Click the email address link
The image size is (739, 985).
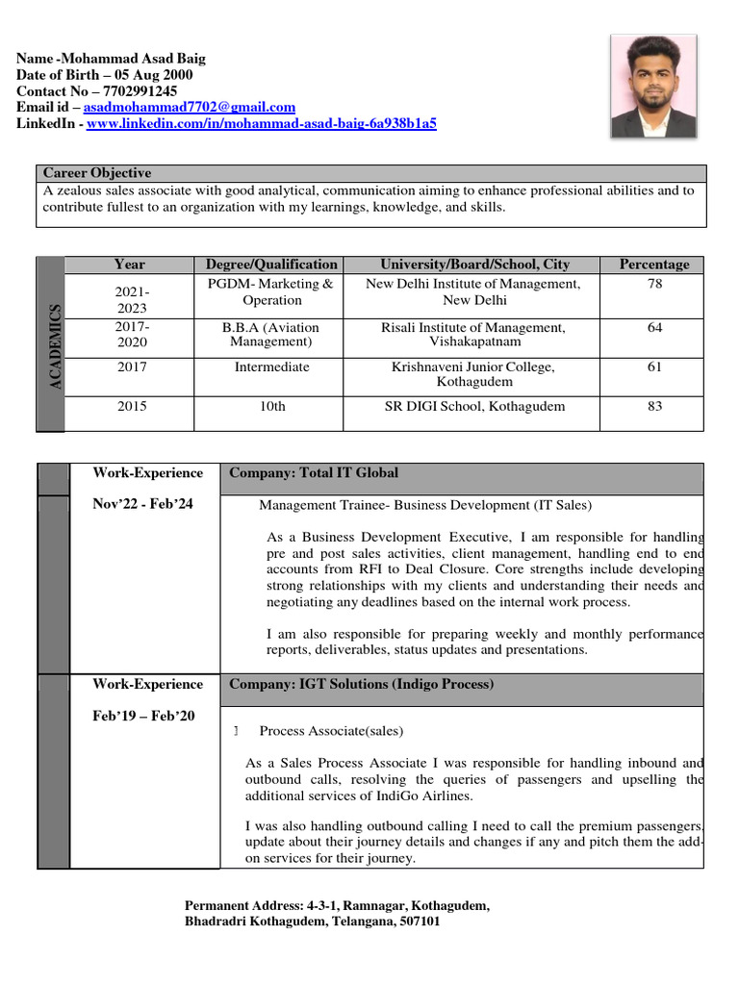point(190,108)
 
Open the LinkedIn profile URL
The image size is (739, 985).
point(262,124)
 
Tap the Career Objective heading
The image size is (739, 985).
point(97,173)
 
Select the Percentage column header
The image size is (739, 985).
point(653,265)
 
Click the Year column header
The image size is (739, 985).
point(130,265)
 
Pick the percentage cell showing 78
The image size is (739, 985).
point(654,285)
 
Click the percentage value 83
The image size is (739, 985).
point(654,407)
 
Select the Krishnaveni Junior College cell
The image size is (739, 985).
point(472,374)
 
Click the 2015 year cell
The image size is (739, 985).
point(132,407)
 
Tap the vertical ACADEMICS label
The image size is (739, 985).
point(55,346)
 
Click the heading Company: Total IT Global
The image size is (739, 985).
point(314,473)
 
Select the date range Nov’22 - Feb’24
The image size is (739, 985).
point(142,504)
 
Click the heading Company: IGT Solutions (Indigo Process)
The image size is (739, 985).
point(361,685)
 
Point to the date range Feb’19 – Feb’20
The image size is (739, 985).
point(143,716)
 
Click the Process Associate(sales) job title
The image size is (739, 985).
point(331,732)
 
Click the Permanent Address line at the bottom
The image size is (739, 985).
point(337,906)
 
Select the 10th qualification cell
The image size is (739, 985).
point(272,407)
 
